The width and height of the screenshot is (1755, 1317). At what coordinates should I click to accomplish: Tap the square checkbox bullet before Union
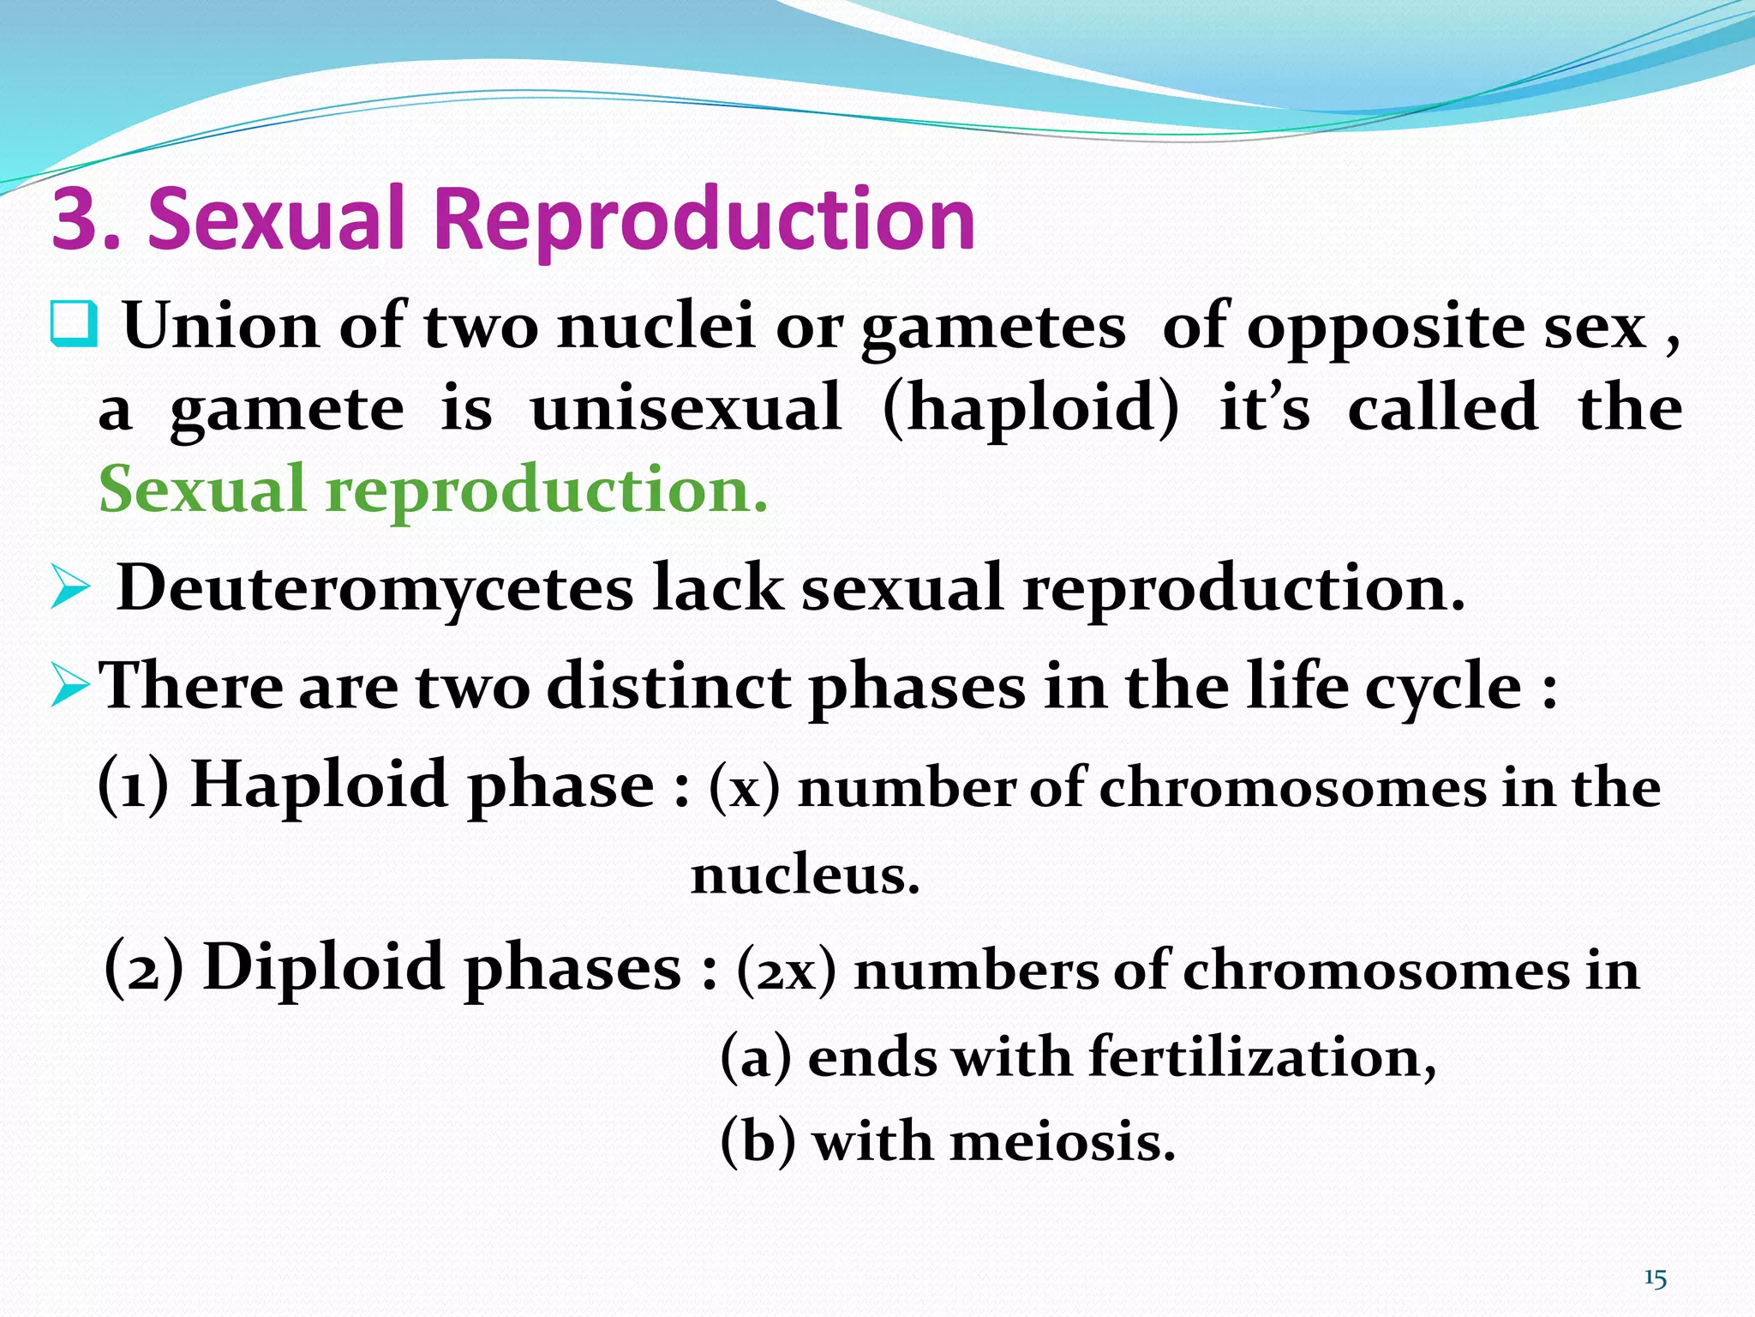(74, 324)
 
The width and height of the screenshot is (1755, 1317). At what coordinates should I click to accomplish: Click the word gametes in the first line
(992, 329)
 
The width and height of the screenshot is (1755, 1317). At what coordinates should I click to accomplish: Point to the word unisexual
(686, 408)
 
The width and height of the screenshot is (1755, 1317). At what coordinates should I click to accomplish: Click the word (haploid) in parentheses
(1030, 408)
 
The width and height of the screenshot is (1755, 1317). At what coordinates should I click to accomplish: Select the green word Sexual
(202, 489)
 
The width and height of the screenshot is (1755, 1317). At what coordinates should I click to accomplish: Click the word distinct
(668, 688)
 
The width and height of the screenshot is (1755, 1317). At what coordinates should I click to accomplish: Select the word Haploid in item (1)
(319, 785)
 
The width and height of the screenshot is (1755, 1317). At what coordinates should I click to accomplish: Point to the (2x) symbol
(785, 972)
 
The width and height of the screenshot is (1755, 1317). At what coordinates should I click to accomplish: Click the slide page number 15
(1655, 1279)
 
